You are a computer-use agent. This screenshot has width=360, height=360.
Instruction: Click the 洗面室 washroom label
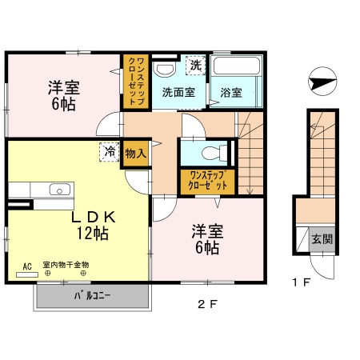click(x=178, y=92)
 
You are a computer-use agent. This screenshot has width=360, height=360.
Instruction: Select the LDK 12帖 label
click(x=94, y=225)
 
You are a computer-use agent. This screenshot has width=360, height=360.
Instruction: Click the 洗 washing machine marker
click(x=194, y=64)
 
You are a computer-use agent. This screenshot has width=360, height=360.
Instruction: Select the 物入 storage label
click(x=135, y=154)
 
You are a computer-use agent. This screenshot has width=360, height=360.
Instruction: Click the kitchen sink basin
click(x=58, y=190)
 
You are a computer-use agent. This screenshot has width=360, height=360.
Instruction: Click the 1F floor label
click(x=300, y=282)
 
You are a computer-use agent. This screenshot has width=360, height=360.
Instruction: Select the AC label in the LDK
click(x=26, y=265)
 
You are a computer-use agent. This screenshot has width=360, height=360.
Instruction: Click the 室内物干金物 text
click(x=66, y=265)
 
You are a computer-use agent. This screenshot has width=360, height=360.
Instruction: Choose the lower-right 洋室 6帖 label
click(x=206, y=240)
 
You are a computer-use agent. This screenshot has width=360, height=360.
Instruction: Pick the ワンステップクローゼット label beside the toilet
click(x=205, y=179)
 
